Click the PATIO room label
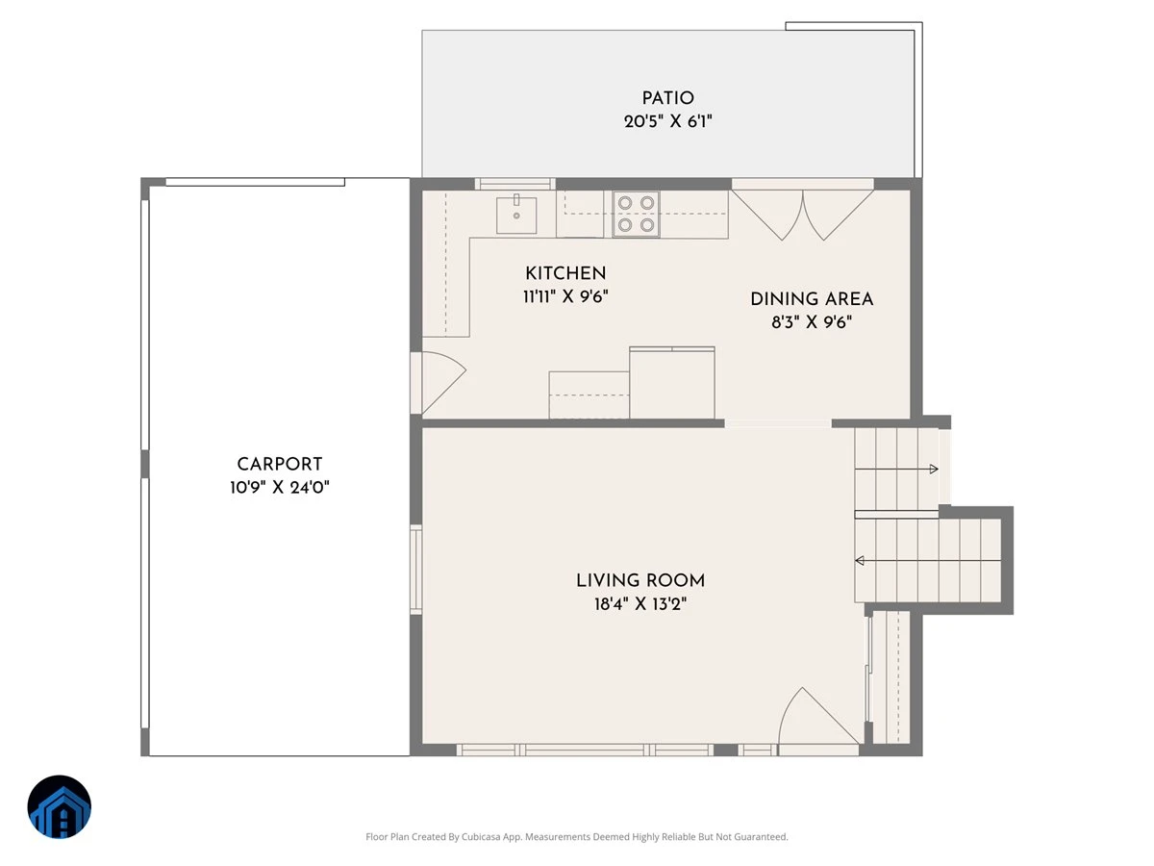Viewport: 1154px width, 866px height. [667, 98]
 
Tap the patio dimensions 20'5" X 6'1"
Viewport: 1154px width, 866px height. [667, 121]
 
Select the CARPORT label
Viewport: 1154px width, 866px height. [279, 464]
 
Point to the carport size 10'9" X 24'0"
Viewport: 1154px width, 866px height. [279, 488]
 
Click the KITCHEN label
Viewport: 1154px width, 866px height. [565, 273]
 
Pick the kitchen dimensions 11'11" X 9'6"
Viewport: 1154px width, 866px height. [565, 296]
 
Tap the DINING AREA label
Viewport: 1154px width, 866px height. [812, 298]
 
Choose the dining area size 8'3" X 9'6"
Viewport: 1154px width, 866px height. [812, 321]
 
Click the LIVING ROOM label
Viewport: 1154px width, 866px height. [640, 580]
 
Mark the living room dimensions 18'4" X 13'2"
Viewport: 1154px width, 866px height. [640, 603]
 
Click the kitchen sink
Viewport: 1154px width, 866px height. [516, 215]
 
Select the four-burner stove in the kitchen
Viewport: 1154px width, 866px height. [636, 214]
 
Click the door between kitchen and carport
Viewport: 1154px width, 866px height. [439, 383]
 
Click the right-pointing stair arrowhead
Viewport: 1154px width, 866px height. [934, 469]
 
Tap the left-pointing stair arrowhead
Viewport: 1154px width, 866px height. [860, 561]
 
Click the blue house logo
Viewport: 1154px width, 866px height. [60, 806]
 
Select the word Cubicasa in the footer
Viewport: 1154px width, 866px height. [481, 836]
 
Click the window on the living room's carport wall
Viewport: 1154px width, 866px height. [415, 570]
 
